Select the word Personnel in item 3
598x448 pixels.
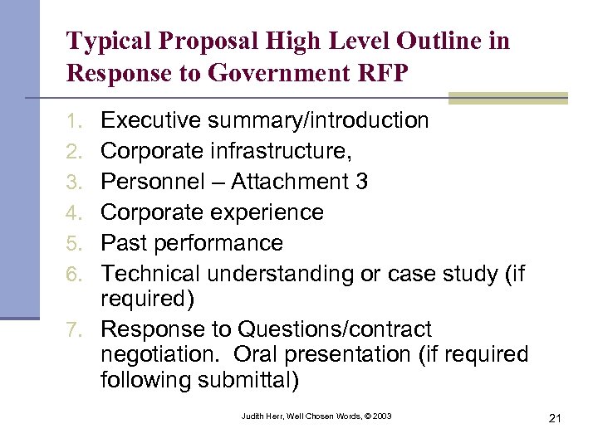tap(154, 182)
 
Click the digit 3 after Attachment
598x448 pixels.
tap(361, 182)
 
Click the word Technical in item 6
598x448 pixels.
tap(154, 274)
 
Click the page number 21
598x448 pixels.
tap(555, 418)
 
